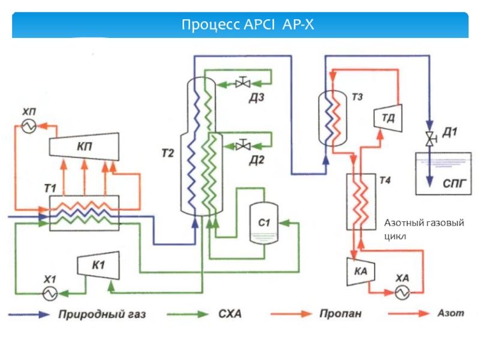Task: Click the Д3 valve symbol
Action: click(x=243, y=83)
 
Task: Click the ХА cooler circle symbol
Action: click(x=401, y=292)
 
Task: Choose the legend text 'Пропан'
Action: click(x=340, y=314)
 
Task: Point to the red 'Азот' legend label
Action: click(x=450, y=314)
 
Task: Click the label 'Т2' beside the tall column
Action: click(x=167, y=154)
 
